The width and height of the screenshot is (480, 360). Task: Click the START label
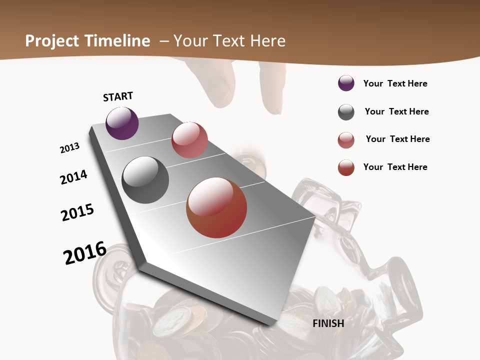(x=118, y=96)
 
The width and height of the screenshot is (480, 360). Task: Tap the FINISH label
(x=328, y=323)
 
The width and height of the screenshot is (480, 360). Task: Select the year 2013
(x=69, y=148)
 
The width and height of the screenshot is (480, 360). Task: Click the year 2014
(x=73, y=177)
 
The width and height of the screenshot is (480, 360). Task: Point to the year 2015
(x=77, y=212)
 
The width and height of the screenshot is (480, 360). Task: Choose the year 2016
(x=85, y=252)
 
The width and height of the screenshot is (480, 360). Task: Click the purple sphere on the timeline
(x=122, y=123)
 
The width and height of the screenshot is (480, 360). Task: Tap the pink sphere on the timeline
(x=189, y=140)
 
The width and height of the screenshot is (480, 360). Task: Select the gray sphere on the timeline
(x=145, y=180)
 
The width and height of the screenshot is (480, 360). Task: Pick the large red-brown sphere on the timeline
(x=216, y=207)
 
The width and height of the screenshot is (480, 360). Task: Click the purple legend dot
(x=346, y=83)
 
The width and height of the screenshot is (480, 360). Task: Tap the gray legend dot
(x=346, y=112)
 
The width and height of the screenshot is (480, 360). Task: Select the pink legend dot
(x=346, y=140)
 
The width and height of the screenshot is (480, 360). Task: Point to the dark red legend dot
(x=346, y=167)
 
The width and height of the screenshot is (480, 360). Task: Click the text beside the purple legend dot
(x=395, y=83)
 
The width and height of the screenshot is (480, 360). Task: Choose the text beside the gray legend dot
(x=396, y=111)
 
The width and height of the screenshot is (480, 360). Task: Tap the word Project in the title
(x=52, y=41)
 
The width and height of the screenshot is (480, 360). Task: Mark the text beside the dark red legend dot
(x=395, y=167)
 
